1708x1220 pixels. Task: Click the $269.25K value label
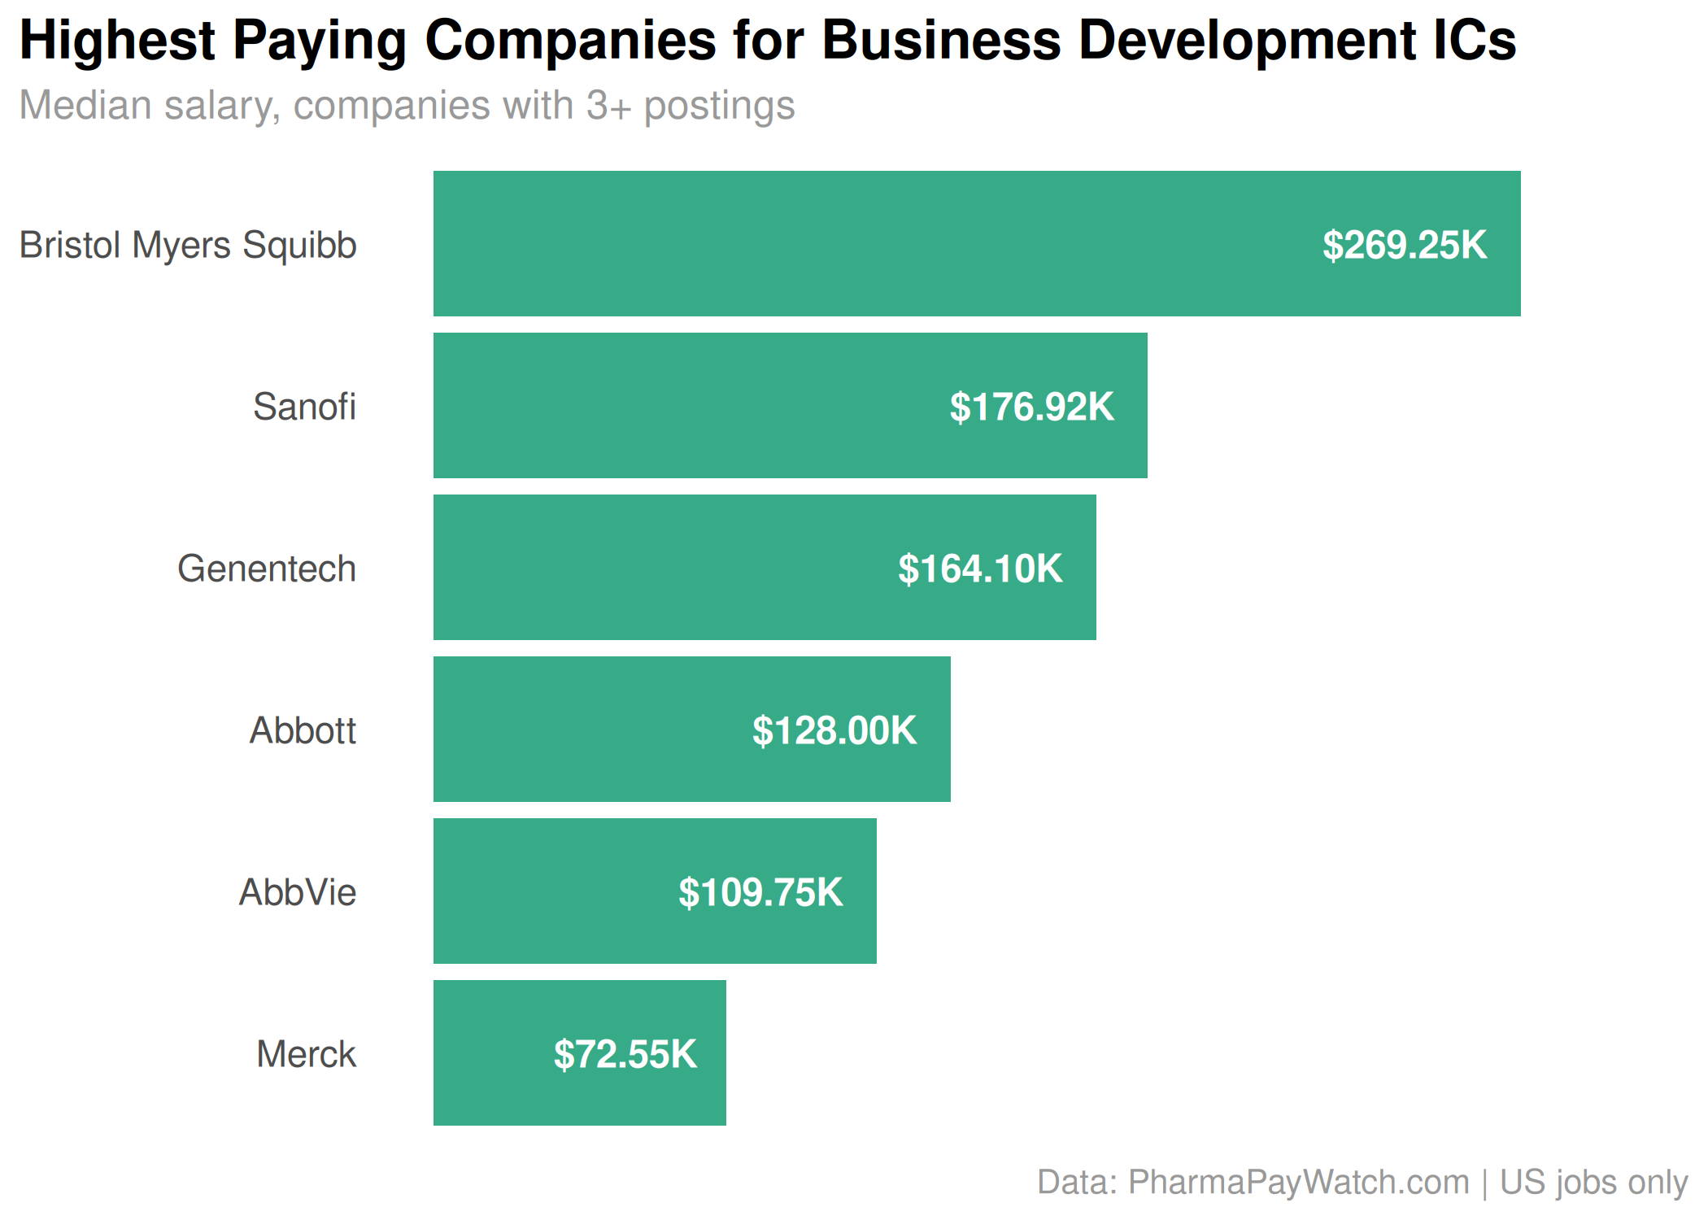click(1405, 245)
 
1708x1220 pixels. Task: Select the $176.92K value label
click(1031, 407)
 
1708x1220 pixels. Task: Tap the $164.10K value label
click(980, 569)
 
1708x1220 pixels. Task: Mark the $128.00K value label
click(834, 730)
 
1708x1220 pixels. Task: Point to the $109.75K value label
click(760, 892)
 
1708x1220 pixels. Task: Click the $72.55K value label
click(625, 1054)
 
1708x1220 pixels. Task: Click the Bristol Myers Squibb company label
click(188, 245)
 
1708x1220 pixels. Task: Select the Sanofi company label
click(304, 407)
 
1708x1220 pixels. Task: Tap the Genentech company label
click(267, 569)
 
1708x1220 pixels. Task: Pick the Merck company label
click(306, 1054)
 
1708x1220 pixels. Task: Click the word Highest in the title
click(117, 40)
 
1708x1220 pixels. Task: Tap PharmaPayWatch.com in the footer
click(1298, 1182)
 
